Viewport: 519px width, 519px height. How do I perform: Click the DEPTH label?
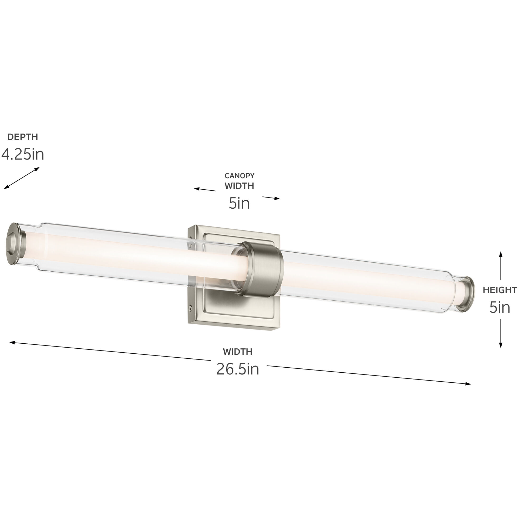pos(23,137)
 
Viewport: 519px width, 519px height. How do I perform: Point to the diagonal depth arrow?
pos(21,178)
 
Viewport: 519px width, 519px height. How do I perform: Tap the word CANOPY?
pos(239,176)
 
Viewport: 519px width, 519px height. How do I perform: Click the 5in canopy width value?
pos(239,203)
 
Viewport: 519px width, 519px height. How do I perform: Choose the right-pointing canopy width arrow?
pos(271,198)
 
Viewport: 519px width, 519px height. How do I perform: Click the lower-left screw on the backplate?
pos(191,308)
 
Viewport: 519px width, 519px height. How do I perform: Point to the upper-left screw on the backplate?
pos(190,245)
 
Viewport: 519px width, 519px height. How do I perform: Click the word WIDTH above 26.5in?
pos(237,352)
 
